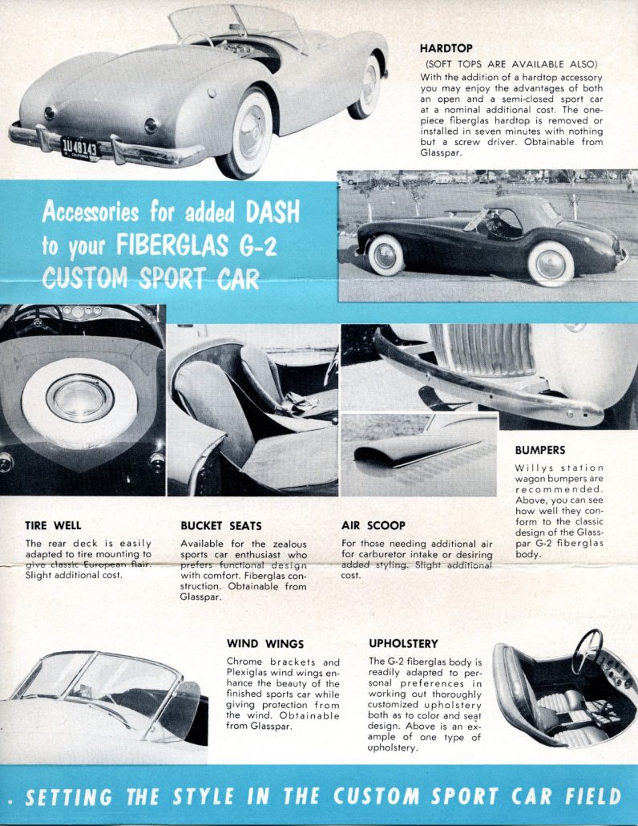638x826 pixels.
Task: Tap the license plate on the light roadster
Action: [79, 147]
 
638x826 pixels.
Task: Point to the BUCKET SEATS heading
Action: [220, 526]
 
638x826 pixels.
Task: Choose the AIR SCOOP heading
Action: [373, 526]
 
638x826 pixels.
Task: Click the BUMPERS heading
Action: [539, 451]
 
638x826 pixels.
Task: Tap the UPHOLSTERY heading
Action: [403, 643]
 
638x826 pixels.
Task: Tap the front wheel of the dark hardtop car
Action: [551, 262]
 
